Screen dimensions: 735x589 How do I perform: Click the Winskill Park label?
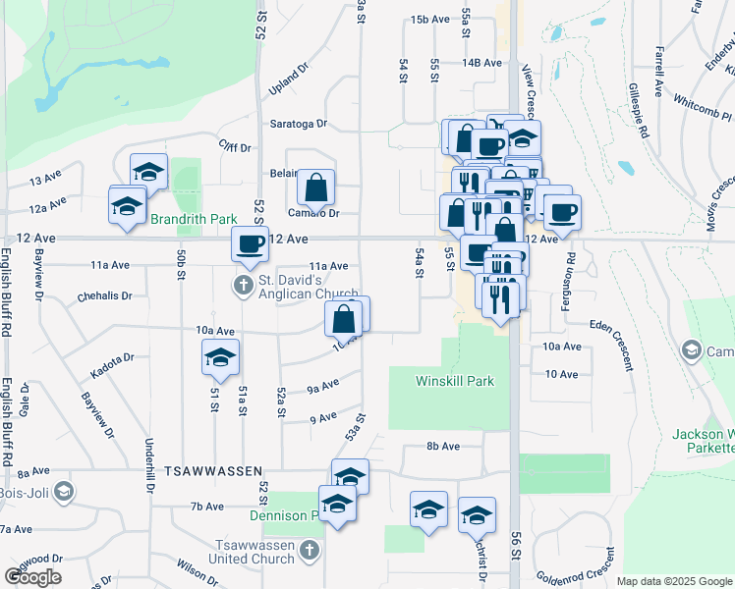click(x=454, y=381)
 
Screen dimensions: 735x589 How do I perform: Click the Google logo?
click(x=32, y=577)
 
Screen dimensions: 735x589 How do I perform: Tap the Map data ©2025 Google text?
click(x=674, y=581)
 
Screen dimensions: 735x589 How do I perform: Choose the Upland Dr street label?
click(x=289, y=86)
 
